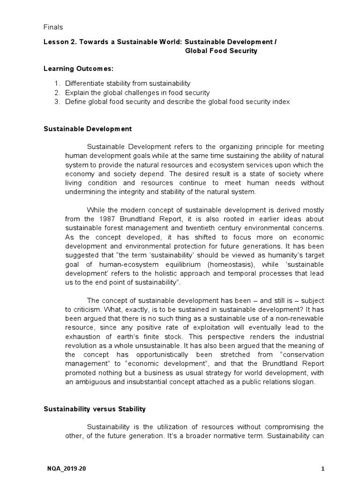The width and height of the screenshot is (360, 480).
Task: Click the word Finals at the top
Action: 53,28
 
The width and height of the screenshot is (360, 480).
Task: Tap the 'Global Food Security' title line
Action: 221,51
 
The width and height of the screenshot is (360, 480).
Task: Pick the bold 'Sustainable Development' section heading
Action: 88,128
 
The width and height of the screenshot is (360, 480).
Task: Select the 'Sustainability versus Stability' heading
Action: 95,409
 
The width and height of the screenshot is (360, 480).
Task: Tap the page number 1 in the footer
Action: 323,468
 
